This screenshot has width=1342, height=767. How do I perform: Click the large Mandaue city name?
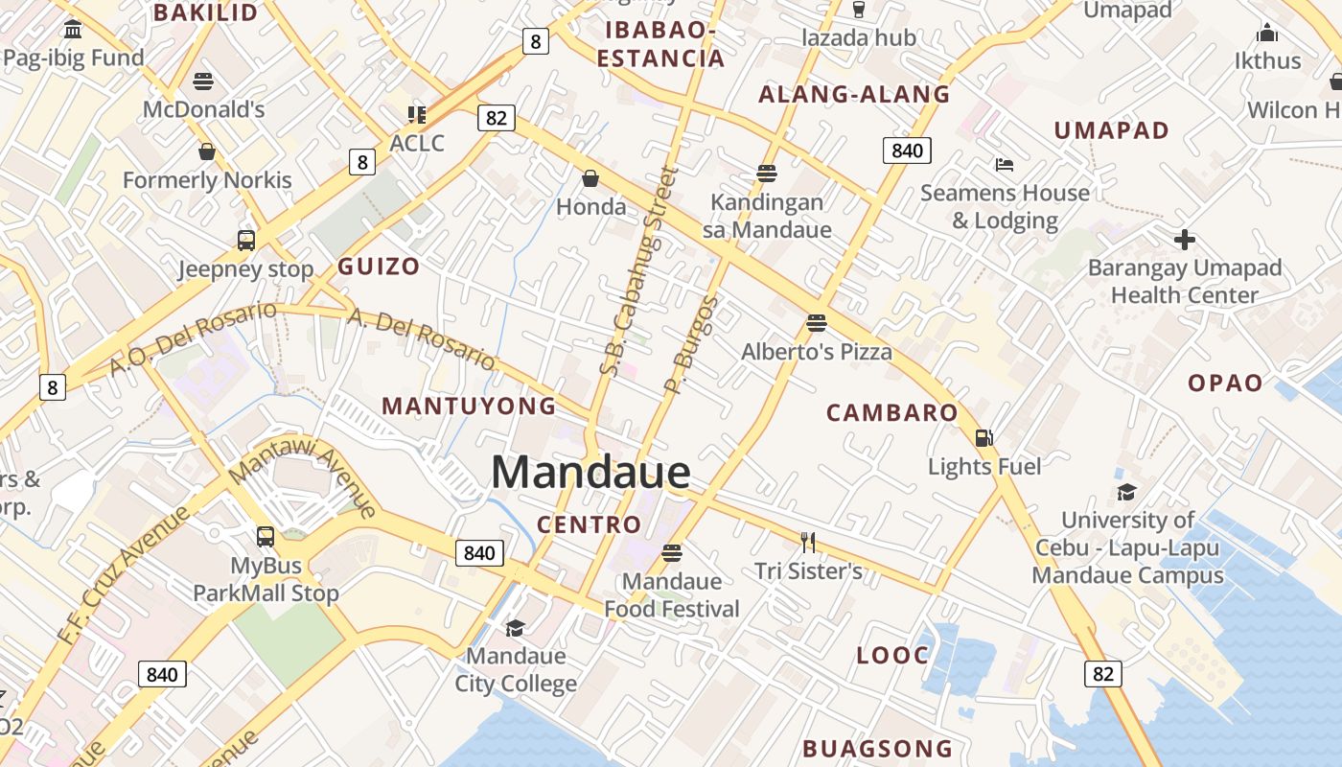[x=590, y=472]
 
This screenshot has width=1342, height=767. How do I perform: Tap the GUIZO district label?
[x=379, y=267]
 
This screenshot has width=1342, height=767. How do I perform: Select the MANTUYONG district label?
[x=469, y=406]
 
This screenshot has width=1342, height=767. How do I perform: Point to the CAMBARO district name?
[x=891, y=413]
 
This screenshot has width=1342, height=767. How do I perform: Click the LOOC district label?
[x=892, y=656]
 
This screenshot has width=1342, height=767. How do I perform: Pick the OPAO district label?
[x=1225, y=383]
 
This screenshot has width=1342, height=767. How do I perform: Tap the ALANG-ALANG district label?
[x=854, y=94]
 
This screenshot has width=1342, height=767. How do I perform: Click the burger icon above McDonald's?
[x=203, y=81]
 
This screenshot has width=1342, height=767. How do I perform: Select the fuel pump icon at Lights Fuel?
[x=983, y=438]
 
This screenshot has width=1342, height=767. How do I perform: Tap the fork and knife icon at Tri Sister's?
[x=808, y=543]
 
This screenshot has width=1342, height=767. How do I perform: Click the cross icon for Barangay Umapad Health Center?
[x=1185, y=240]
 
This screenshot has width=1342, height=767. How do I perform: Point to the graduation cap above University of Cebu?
[x=1126, y=493]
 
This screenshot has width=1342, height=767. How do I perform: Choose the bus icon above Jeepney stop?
[x=246, y=241]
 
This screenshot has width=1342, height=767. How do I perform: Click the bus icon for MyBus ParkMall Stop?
[x=266, y=537]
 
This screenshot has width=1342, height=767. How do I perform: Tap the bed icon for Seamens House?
[x=1004, y=165]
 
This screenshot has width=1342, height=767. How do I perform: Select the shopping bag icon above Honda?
[x=590, y=178]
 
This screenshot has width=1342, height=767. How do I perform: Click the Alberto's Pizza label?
[x=817, y=352]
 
